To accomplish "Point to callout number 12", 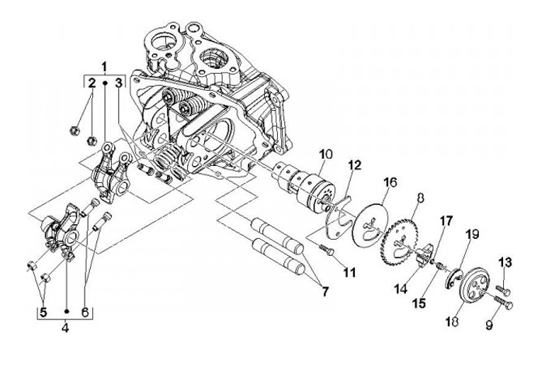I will tap(354, 165).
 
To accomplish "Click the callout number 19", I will tap(472, 234).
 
